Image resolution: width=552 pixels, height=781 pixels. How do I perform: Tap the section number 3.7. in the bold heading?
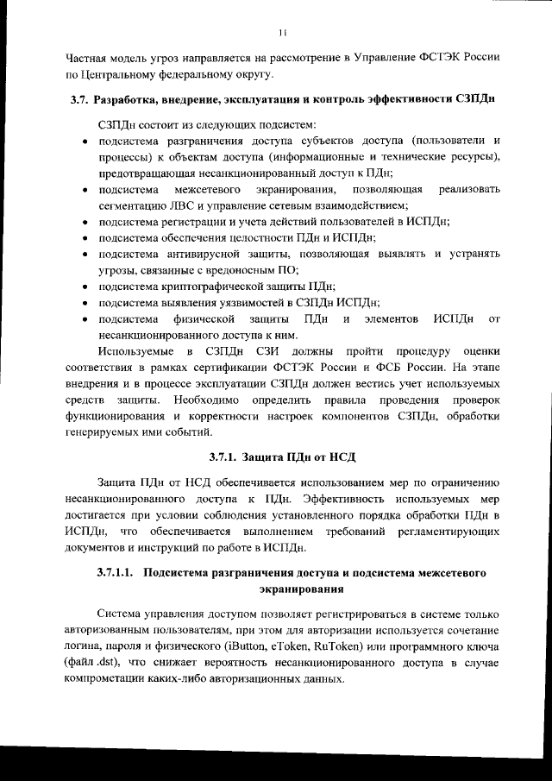(x=81, y=101)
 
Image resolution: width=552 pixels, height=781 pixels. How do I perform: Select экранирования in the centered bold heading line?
(x=302, y=589)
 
